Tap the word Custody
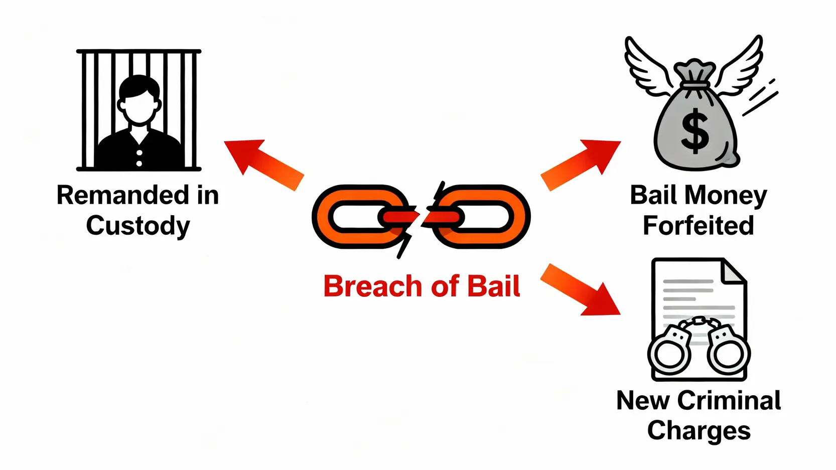(x=138, y=226)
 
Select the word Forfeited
(x=698, y=226)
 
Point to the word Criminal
(x=729, y=401)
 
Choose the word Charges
(x=699, y=430)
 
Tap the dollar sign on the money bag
(x=695, y=131)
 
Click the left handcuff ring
(x=669, y=352)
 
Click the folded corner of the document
(x=733, y=271)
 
